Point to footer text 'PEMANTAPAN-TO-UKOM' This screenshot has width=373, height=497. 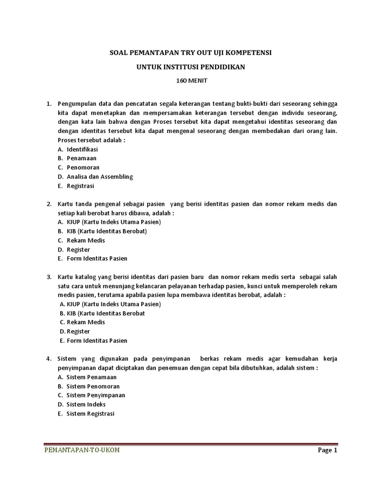pos(82,450)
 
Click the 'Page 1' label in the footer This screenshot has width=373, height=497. pos(327,450)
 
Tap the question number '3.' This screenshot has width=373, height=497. pos(49,277)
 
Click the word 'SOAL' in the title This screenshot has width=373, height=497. pos(117,52)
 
